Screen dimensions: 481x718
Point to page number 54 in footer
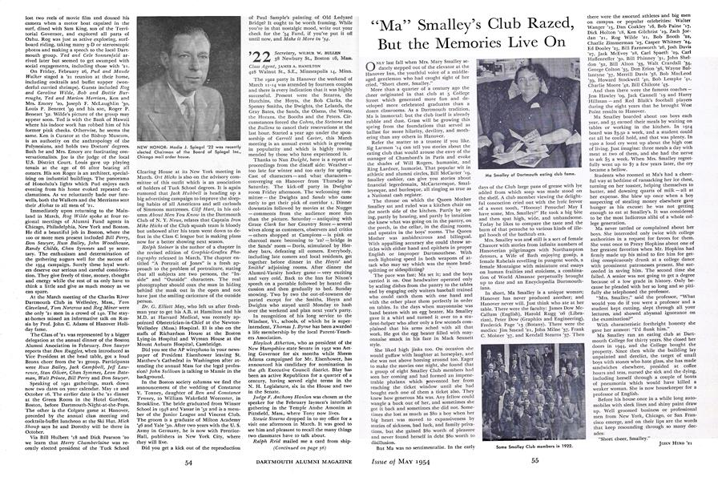187,463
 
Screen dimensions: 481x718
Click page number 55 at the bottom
531,463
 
